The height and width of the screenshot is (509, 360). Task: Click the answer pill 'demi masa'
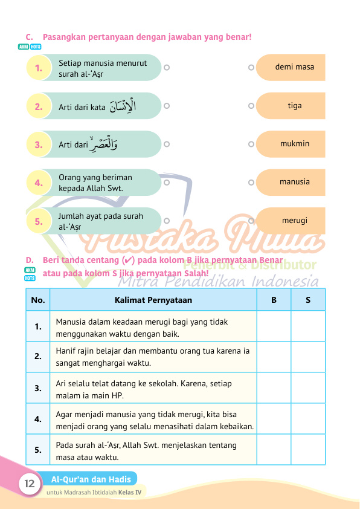tap(295, 67)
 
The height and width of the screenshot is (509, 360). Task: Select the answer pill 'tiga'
tap(295, 106)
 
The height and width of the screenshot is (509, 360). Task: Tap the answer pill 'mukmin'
tap(295, 144)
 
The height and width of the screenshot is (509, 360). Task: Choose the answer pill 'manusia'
tap(295, 181)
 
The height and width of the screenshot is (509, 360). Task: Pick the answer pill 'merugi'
tap(295, 220)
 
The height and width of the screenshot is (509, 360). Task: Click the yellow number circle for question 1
tap(39, 68)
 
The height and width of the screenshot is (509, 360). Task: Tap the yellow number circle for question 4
tap(39, 183)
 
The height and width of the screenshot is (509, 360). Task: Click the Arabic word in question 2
tap(123, 106)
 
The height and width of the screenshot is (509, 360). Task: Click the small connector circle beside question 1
tap(167, 68)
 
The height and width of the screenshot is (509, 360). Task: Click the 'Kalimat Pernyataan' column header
tap(153, 299)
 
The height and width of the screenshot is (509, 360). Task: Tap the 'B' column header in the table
tap(274, 299)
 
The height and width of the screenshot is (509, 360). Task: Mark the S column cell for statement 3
tap(308, 388)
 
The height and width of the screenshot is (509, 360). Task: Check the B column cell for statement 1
tap(274, 326)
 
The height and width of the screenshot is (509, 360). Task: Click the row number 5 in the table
tap(38, 450)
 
